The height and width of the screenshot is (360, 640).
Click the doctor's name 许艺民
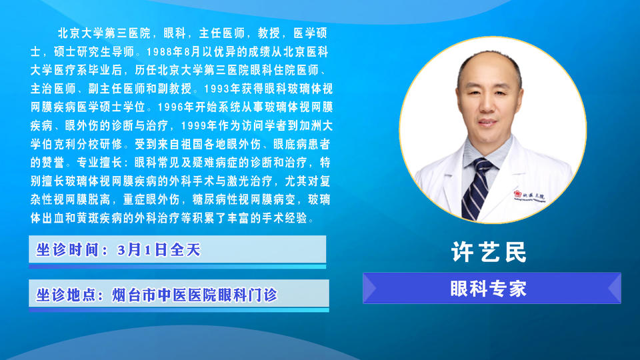489,251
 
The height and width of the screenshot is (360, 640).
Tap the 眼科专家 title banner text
489,289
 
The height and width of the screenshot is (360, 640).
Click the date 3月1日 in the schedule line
141,249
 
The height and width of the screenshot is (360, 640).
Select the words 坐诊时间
67,249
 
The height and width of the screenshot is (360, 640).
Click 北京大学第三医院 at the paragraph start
105,33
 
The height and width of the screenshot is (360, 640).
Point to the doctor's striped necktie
475,189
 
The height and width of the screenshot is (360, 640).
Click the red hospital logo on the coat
518,194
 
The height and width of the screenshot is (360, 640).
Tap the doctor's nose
487,104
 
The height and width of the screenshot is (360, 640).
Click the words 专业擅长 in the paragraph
99,163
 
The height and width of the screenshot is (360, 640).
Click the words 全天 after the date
185,249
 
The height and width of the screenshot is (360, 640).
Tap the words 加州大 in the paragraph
316,125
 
